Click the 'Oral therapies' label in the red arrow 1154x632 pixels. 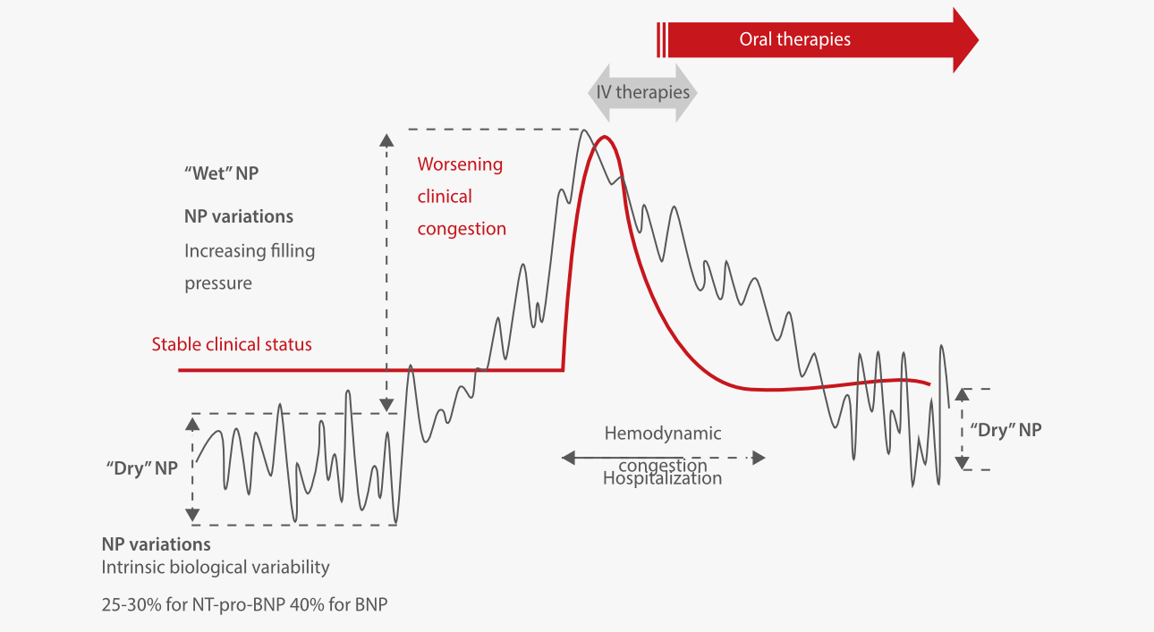coord(794,39)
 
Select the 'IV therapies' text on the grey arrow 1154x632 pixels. coord(642,92)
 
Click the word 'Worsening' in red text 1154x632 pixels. coord(460,164)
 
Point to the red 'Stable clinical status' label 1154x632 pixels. coord(232,344)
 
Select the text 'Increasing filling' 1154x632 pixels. coord(250,251)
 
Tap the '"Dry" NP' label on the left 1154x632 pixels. coord(141,468)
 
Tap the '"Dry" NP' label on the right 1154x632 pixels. coord(1006,429)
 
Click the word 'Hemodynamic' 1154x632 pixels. coord(662,434)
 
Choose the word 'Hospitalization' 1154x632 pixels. coord(662,478)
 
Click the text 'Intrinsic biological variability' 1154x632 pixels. coord(216,567)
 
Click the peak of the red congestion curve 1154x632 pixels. coord(606,137)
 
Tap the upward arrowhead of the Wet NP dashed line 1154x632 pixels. coord(386,139)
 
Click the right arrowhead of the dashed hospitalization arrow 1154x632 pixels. coord(759,458)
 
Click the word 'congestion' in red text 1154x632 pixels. coord(462,229)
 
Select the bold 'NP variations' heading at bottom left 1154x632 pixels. coord(156,544)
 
